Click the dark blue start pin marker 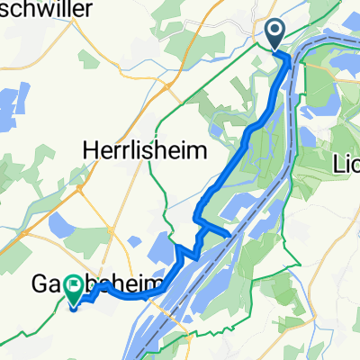coord(274,34)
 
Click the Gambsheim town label coord(99,284)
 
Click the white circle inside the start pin coord(274,31)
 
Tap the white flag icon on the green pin coord(71,284)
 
